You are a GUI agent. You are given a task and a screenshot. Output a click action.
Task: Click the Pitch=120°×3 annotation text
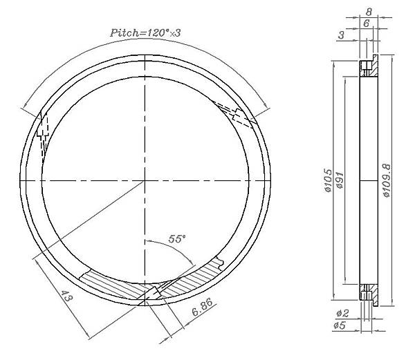click(145, 32)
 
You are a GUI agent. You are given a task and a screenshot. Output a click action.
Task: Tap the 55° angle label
click(177, 239)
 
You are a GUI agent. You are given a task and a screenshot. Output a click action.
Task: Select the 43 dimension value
click(66, 296)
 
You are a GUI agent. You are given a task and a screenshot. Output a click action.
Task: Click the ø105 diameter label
click(328, 180)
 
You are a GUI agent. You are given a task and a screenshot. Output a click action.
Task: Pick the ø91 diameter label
click(340, 180)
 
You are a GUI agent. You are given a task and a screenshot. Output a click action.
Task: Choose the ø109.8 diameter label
click(387, 180)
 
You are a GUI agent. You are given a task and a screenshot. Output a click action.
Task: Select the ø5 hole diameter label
click(340, 325)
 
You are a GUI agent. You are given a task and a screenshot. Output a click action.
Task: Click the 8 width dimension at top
click(369, 12)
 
